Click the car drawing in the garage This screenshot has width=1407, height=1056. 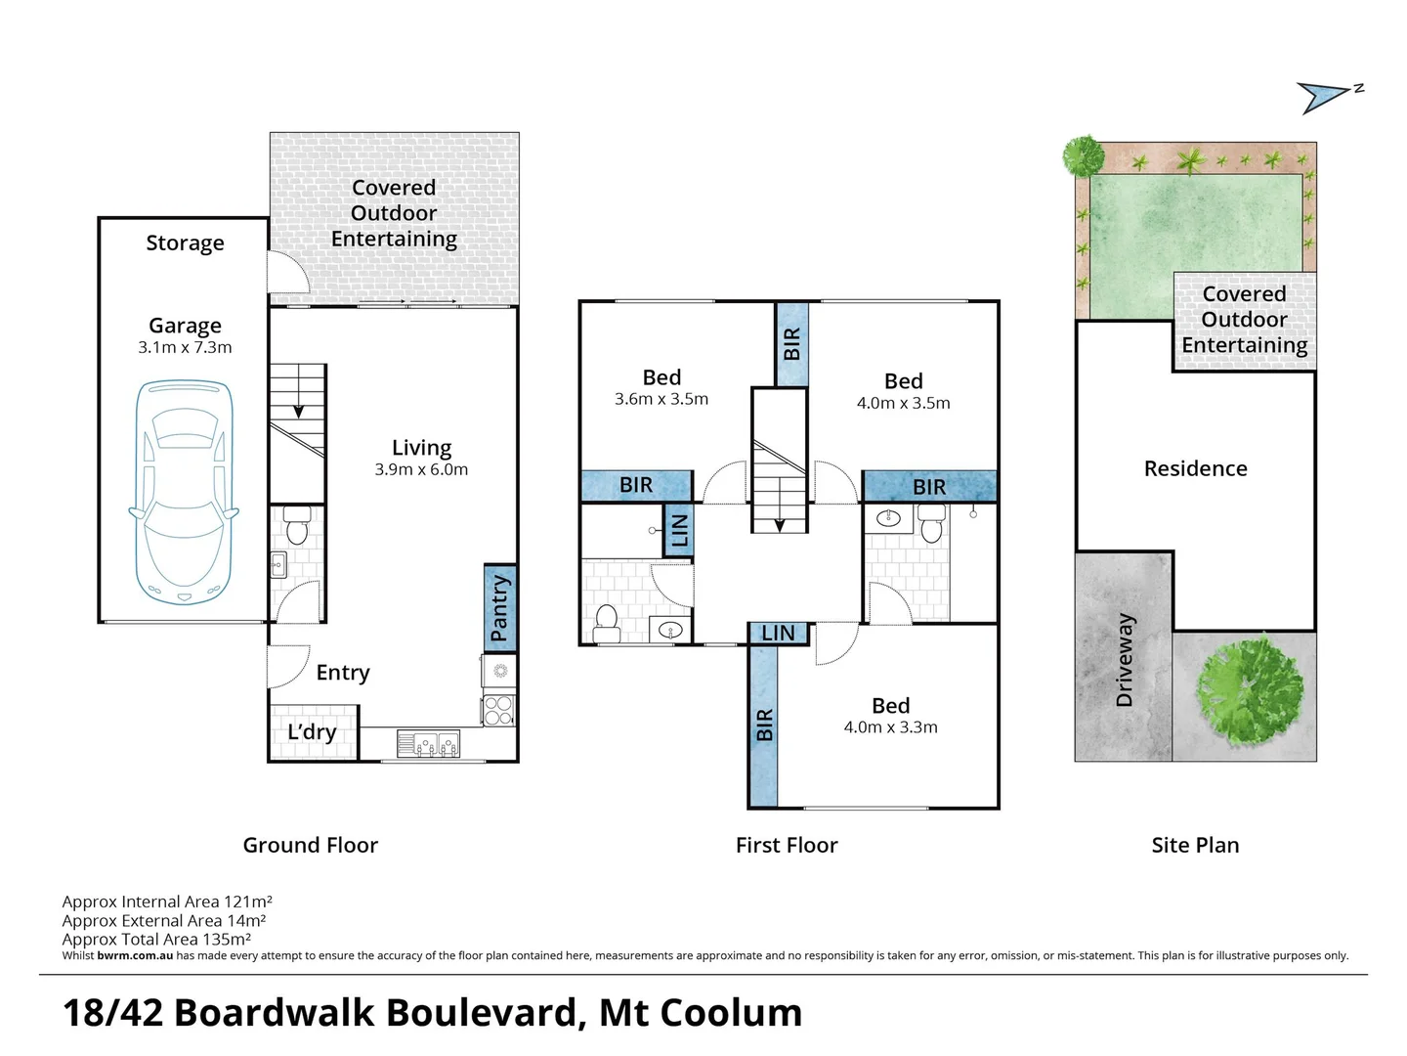pos(184,492)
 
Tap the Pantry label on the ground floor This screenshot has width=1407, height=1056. pos(499,608)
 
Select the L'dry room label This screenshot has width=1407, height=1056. pos(312,732)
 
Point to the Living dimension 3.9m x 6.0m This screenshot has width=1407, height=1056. pos(421,469)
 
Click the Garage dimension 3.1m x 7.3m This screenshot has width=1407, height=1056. pos(185,347)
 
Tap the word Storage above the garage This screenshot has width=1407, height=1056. pos(185,242)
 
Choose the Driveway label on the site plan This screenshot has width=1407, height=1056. pos(1125,659)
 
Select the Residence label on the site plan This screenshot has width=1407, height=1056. pos(1195,468)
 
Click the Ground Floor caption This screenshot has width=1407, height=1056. pos(310,845)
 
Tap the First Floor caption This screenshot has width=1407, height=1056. pos(787,845)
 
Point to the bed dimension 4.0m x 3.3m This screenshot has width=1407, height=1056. pos(890,726)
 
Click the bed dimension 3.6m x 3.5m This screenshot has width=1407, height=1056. pos(661,399)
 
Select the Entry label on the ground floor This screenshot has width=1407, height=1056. pos(343,673)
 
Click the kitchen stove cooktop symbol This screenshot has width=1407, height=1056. pos(498,710)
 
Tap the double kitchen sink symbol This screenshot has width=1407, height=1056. pos(428,745)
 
